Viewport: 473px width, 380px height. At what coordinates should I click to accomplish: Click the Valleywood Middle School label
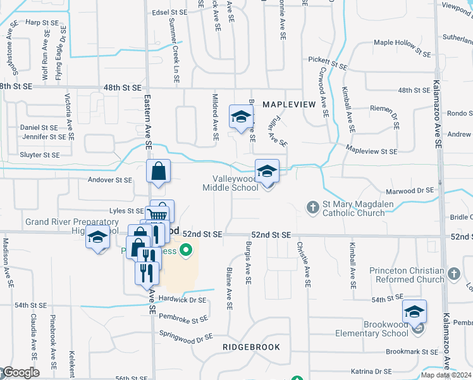(230, 183)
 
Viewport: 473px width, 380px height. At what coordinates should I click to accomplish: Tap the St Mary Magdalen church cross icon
(312, 207)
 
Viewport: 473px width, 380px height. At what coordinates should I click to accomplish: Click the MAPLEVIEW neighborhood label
(288, 103)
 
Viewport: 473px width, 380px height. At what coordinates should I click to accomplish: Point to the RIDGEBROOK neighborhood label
(251, 348)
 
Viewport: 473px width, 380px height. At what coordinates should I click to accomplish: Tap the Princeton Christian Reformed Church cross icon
(453, 274)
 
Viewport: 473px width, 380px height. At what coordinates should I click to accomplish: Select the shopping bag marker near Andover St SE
(158, 172)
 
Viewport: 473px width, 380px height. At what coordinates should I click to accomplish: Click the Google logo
(20, 372)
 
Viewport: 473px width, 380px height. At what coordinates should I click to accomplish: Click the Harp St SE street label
(42, 22)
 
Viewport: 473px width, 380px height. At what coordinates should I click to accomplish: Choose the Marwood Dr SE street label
(412, 190)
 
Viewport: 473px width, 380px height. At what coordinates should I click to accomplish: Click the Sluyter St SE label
(40, 155)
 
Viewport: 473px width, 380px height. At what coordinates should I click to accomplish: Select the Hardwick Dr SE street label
(183, 300)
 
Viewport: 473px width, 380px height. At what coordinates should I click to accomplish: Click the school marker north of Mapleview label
(241, 117)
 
